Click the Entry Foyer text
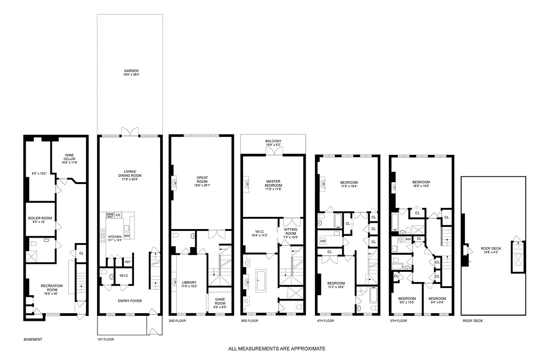pyautogui.click(x=130, y=301)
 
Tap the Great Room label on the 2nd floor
pyautogui.click(x=202, y=179)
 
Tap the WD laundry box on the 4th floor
pyautogui.click(x=323, y=241)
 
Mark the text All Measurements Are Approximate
pyautogui.click(x=276, y=349)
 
